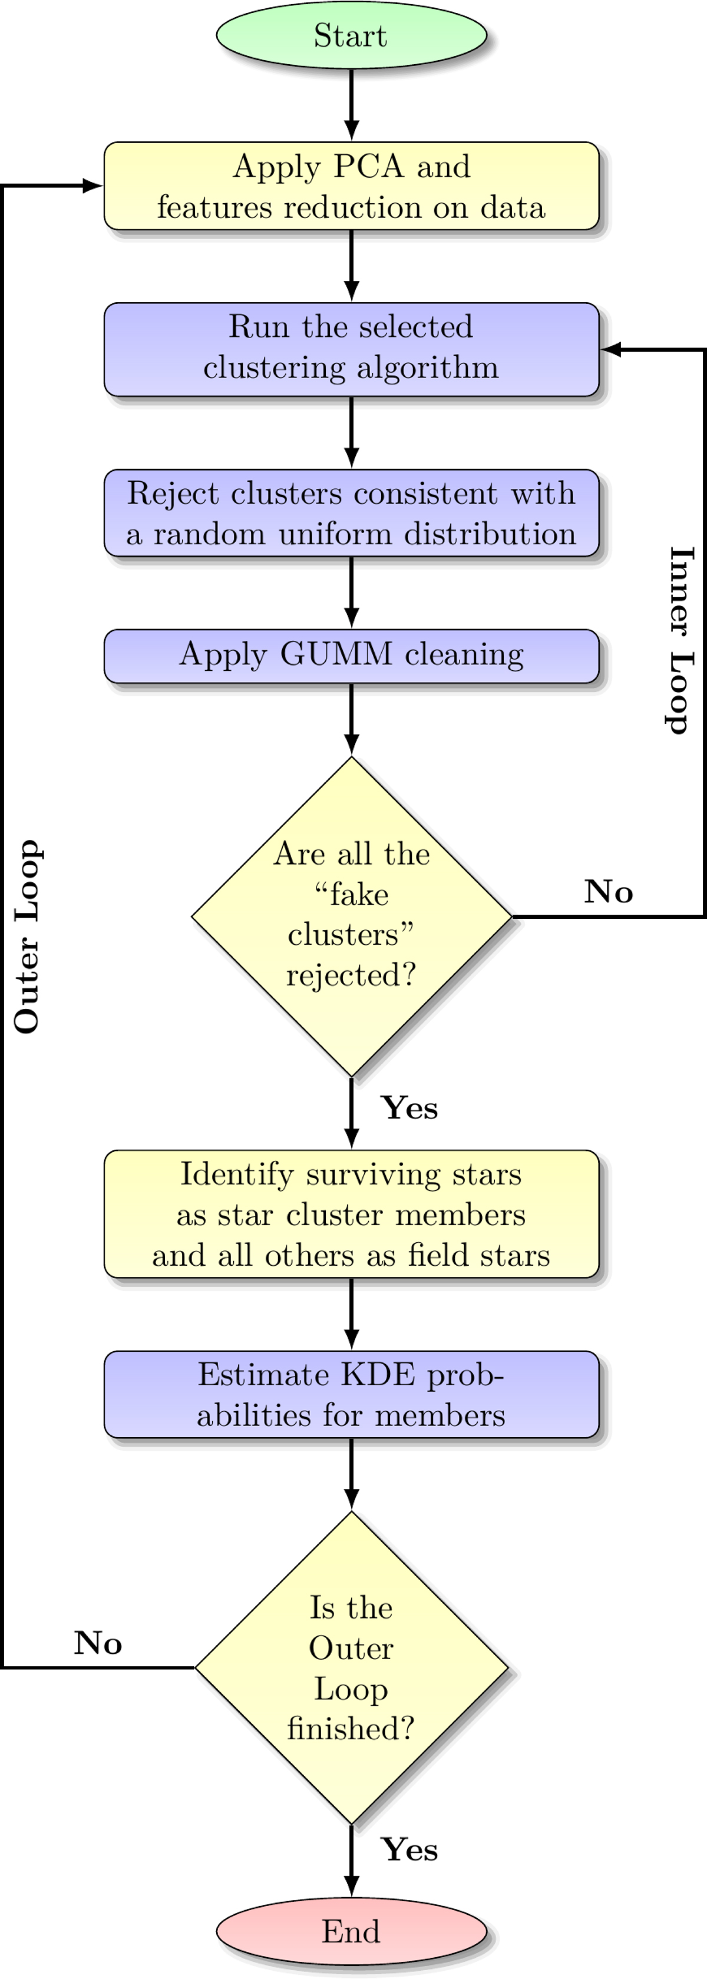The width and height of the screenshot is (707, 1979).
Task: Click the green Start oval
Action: [351, 35]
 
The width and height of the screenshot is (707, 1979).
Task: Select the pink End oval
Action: [351, 1931]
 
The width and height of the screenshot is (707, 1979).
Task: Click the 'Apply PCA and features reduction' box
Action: [351, 186]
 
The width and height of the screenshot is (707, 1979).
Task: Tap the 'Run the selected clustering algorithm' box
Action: [351, 349]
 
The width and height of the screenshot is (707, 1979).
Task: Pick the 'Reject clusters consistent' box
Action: [351, 512]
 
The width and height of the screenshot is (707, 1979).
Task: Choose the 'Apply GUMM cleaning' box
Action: [351, 656]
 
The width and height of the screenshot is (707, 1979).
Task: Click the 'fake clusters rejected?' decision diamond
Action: [351, 916]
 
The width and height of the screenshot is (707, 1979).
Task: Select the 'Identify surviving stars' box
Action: [351, 1214]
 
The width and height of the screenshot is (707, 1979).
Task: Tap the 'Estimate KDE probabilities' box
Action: [351, 1394]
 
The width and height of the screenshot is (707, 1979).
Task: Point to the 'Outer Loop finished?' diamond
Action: [351, 1668]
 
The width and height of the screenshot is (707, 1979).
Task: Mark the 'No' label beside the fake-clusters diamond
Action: [609, 892]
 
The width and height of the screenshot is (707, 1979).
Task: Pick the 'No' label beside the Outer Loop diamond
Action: [98, 1643]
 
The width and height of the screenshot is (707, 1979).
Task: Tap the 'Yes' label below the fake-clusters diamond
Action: [409, 1108]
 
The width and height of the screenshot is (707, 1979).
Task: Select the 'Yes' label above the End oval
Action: [409, 1849]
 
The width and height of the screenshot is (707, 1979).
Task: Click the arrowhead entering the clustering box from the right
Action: [611, 349]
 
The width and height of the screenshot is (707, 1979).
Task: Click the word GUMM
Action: [336, 654]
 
